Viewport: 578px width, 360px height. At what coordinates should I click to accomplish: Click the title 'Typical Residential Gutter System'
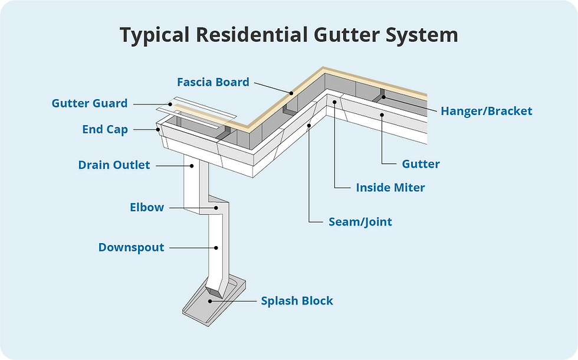(x=289, y=35)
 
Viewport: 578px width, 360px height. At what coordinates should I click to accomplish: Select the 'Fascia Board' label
(x=214, y=82)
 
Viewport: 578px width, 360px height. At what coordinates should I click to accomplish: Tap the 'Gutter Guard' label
(x=90, y=103)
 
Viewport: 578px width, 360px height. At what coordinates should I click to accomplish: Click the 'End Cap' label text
(x=105, y=129)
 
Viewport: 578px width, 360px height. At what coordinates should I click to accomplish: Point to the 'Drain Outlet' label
(x=114, y=165)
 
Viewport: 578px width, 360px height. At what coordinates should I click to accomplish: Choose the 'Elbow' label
(x=147, y=208)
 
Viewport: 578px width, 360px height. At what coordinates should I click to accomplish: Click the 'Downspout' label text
(x=131, y=247)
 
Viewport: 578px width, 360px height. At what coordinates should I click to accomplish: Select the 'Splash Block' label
(x=297, y=301)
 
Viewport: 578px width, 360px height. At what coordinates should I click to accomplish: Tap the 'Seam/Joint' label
(x=360, y=222)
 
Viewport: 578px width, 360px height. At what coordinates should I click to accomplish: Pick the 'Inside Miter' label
(x=390, y=188)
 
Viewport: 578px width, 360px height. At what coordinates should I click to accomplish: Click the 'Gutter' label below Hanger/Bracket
(x=421, y=163)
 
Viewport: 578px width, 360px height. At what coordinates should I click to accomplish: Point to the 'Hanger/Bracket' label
(x=487, y=111)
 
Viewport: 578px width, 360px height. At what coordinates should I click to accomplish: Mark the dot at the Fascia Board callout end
(x=290, y=93)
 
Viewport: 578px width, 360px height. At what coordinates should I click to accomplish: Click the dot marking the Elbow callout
(x=216, y=208)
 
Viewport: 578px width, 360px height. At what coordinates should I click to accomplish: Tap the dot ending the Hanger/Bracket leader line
(x=383, y=97)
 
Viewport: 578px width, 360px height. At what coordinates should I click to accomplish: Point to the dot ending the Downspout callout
(x=216, y=248)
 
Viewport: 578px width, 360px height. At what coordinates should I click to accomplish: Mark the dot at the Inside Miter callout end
(x=334, y=103)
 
